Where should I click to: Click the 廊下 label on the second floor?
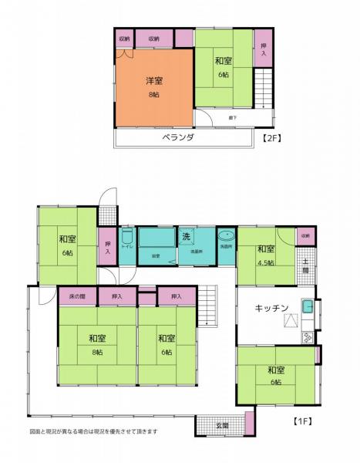coord(232,118)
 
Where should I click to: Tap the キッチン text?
coord(271,308)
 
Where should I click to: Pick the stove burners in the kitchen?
coord(308,336)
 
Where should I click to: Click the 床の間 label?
coord(77,296)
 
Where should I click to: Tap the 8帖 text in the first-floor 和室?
coord(96,352)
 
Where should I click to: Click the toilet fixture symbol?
coord(128,237)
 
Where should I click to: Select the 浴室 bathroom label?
coord(155,252)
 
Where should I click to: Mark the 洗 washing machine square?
coord(187,236)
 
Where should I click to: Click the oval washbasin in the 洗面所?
coord(227,237)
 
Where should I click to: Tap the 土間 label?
coord(305,266)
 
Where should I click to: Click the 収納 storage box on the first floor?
coord(305,235)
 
